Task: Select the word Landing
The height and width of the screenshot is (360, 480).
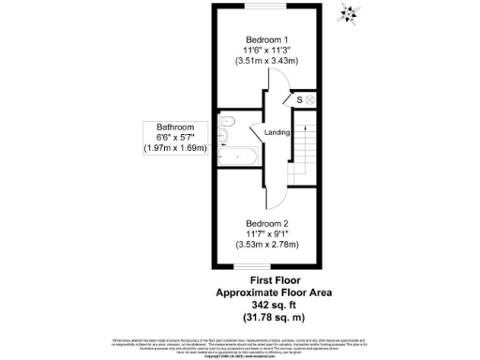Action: (277, 133)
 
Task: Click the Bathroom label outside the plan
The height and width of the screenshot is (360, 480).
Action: (175, 126)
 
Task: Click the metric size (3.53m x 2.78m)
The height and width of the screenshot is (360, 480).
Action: (268, 246)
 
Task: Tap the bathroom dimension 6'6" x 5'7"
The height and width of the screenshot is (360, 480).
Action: (175, 137)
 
